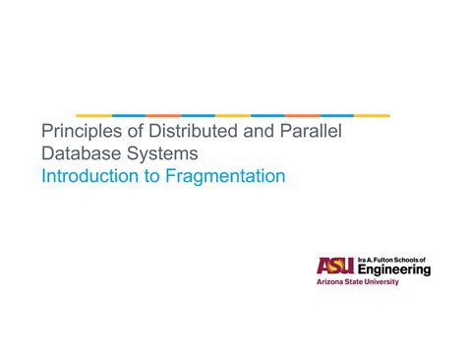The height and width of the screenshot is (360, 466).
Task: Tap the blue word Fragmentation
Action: pyautogui.click(x=228, y=177)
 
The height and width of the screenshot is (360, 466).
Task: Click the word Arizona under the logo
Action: pyautogui.click(x=331, y=281)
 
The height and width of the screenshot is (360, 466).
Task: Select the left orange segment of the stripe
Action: pyautogui.click(x=163, y=115)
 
